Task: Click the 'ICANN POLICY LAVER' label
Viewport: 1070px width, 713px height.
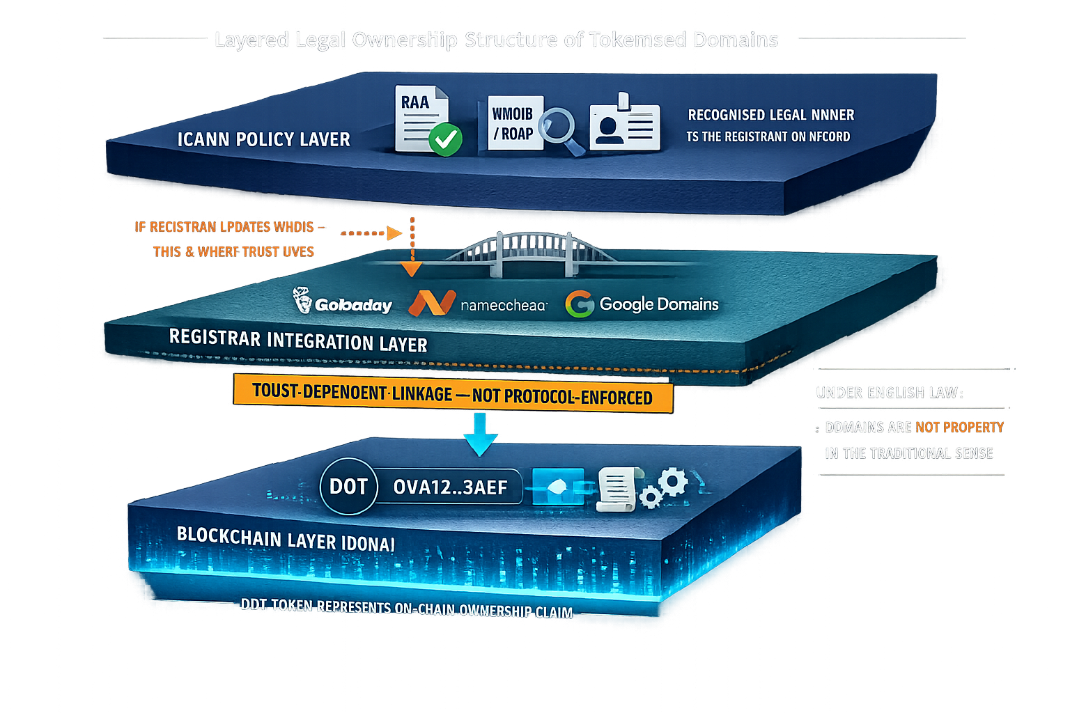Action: (263, 139)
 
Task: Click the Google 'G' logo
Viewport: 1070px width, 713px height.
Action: (579, 304)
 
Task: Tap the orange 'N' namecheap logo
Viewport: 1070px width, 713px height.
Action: (432, 304)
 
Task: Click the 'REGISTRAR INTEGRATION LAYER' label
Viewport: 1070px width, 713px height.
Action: (298, 340)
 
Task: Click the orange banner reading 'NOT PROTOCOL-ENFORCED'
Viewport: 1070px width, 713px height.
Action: (453, 395)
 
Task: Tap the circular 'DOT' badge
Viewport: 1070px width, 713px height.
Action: (348, 486)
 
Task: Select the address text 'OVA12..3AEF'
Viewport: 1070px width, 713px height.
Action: (450, 487)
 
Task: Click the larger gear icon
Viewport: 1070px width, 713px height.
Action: (673, 481)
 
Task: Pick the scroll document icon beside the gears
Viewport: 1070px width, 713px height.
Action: (614, 488)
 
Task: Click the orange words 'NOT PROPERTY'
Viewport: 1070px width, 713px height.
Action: (959, 427)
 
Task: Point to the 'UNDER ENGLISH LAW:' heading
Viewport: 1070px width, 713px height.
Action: (890, 393)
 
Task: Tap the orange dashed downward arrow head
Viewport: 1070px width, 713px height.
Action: (412, 269)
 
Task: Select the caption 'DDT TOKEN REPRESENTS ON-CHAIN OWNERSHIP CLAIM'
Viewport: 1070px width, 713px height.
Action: (407, 608)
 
